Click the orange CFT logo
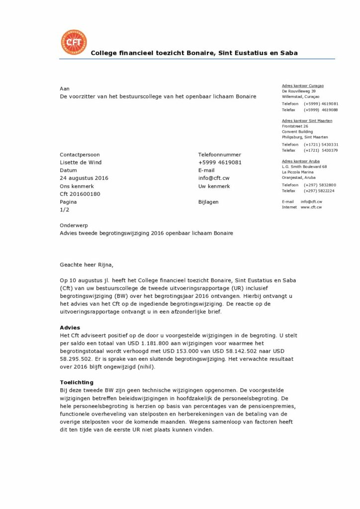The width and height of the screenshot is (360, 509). coord(74,42)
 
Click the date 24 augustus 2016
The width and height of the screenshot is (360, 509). coord(84,178)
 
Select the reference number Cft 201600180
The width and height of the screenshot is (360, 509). coord(80,194)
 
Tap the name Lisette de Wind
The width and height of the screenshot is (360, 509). coord(81,162)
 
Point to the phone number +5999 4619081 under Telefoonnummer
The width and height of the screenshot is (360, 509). coord(220,162)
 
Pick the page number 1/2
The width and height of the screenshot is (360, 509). coord(65,210)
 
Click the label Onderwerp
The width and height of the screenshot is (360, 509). coord(74,225)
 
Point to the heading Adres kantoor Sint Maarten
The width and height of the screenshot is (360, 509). coord(307,121)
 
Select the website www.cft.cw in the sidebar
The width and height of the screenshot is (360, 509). coord(311,207)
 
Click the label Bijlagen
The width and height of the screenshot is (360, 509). coord(208,202)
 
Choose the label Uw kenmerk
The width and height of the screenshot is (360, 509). coord(214,186)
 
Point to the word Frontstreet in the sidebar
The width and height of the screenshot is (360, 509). coord(292,126)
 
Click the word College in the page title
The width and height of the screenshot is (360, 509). coord(105,53)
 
